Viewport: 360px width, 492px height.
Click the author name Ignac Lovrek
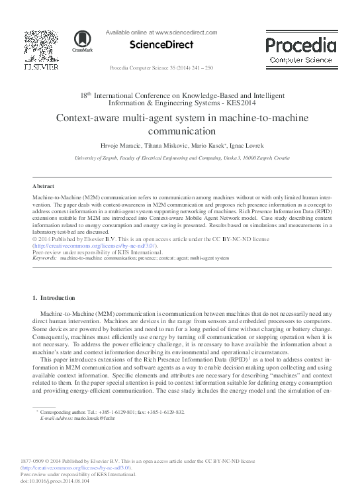249,145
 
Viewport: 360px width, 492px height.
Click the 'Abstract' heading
43,187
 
